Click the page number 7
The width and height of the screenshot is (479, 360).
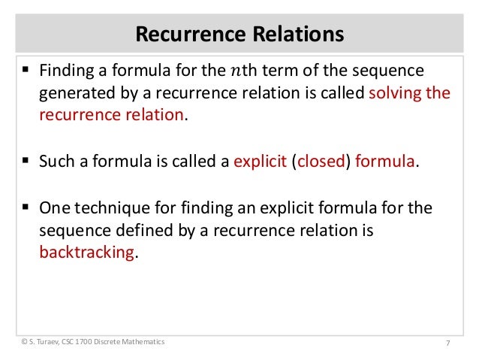point(447,343)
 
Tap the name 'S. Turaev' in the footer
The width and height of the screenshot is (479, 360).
point(44,342)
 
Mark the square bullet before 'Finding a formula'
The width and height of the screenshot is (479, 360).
point(26,71)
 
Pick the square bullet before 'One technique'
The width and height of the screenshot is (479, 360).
point(26,207)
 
